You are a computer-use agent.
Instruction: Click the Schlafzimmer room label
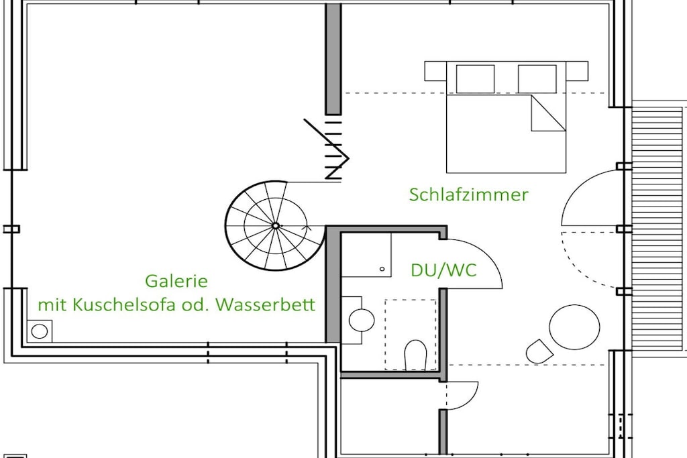pos(469,194)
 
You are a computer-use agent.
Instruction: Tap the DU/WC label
pos(443,270)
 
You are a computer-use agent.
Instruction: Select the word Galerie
pos(176,281)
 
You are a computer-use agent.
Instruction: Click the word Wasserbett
pos(266,304)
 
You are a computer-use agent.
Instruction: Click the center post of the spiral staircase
pos(276,225)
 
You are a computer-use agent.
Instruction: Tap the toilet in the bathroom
pos(415,355)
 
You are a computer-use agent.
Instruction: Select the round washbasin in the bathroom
pos(362,320)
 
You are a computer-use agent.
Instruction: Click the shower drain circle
pos(382,269)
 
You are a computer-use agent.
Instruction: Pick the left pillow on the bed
pos(476,79)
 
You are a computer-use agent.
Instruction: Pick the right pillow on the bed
pos(537,79)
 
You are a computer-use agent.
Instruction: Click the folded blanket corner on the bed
pos(547,114)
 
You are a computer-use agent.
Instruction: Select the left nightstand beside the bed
pos(435,71)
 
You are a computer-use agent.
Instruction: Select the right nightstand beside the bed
pos(576,71)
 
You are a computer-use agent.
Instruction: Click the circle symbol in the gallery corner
pos(40,331)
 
